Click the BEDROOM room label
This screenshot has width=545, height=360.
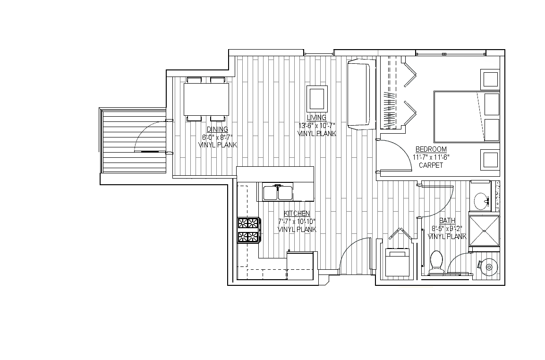[x=431, y=149]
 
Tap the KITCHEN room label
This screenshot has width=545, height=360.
[x=297, y=213]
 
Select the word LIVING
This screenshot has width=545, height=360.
[x=316, y=118]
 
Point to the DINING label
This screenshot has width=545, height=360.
[x=217, y=129]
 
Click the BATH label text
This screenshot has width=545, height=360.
[x=447, y=221]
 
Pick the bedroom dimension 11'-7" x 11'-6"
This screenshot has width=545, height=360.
[x=431, y=157]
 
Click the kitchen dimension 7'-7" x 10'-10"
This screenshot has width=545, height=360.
[x=297, y=221]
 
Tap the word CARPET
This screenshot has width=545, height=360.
[x=431, y=165]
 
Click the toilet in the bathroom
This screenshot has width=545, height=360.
[x=436, y=263]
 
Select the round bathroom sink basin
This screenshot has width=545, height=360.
[x=481, y=201]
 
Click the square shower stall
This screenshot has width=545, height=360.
[x=484, y=231]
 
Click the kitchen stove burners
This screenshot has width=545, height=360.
[x=248, y=230]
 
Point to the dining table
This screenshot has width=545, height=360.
[x=206, y=99]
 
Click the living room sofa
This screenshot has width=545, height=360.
[x=361, y=94]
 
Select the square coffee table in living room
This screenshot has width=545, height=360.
[x=316, y=99]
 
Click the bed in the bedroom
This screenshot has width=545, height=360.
[x=467, y=116]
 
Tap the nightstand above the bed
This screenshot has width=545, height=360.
[x=490, y=78]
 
